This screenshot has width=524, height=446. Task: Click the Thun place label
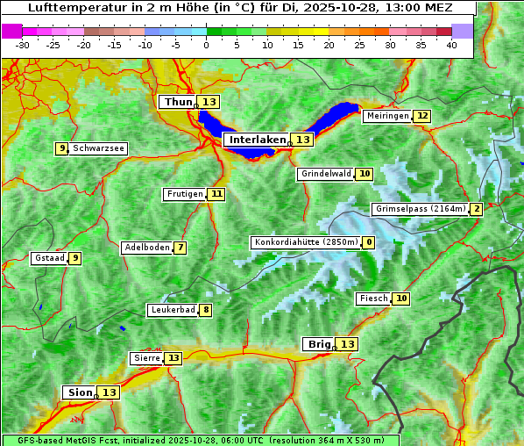177,103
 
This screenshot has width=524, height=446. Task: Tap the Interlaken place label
258,140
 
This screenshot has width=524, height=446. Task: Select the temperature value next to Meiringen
422,116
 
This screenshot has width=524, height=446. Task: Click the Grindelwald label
325,174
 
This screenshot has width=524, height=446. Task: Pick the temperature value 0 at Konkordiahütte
369,242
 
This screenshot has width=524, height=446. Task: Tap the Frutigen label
184,194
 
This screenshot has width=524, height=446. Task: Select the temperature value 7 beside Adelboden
181,248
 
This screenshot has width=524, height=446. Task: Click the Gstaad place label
49,258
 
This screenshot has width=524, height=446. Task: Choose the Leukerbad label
172,310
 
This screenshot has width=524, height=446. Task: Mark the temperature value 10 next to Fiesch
401,299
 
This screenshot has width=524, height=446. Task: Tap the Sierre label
146,358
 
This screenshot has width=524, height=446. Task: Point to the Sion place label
78,392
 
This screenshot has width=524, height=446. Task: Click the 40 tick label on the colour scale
451,45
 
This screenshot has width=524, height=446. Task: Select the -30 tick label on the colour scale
23,45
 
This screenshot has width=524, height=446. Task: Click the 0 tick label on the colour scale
207,45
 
